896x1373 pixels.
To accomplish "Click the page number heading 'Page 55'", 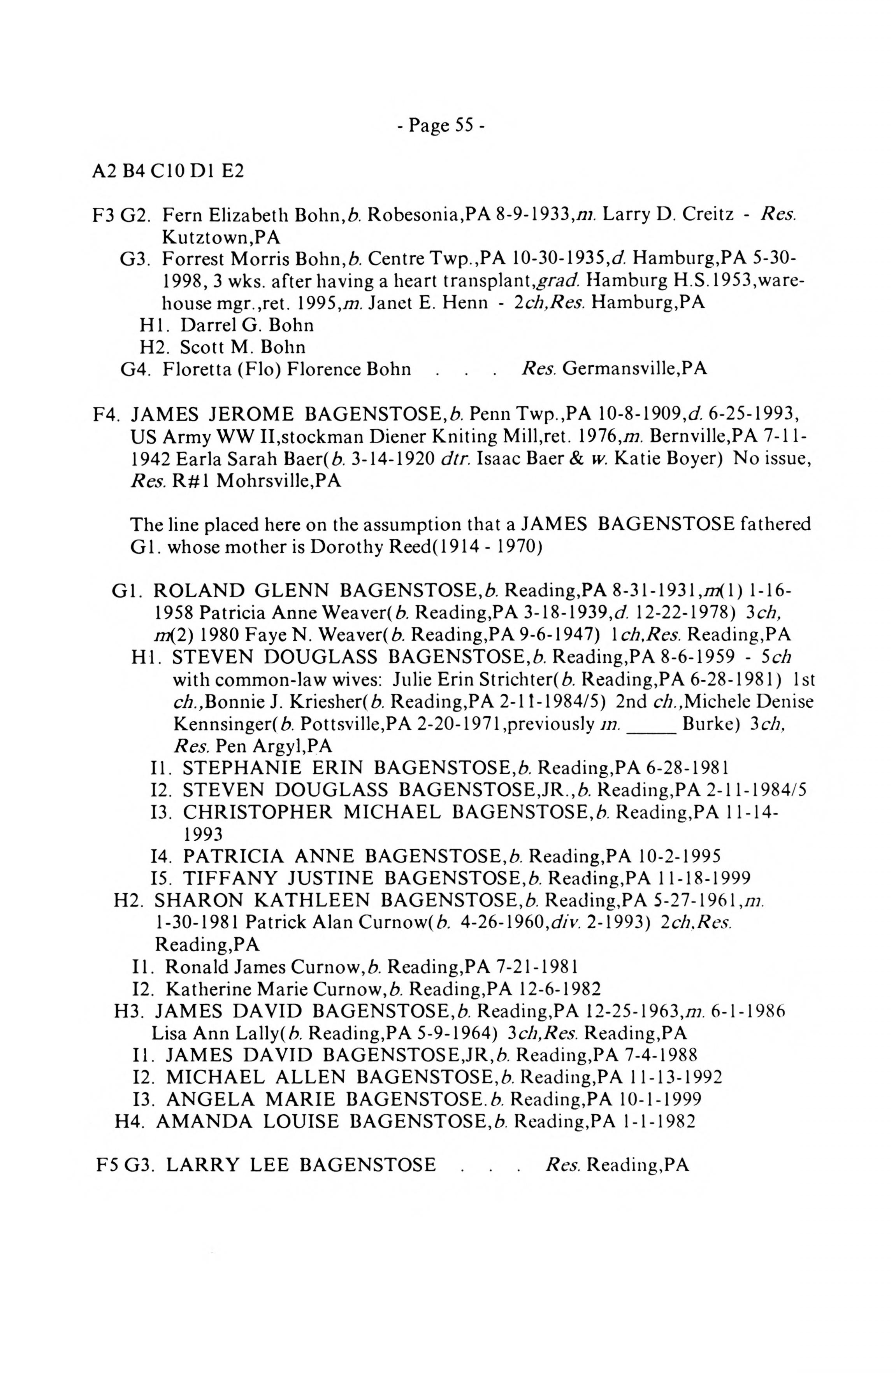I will pos(440,125).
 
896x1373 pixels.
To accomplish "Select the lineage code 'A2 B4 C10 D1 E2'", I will pos(167,171).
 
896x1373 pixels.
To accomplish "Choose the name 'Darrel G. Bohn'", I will pos(246,325).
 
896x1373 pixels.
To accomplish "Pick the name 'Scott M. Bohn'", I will pos(242,347).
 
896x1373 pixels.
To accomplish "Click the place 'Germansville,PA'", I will pos(634,368).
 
